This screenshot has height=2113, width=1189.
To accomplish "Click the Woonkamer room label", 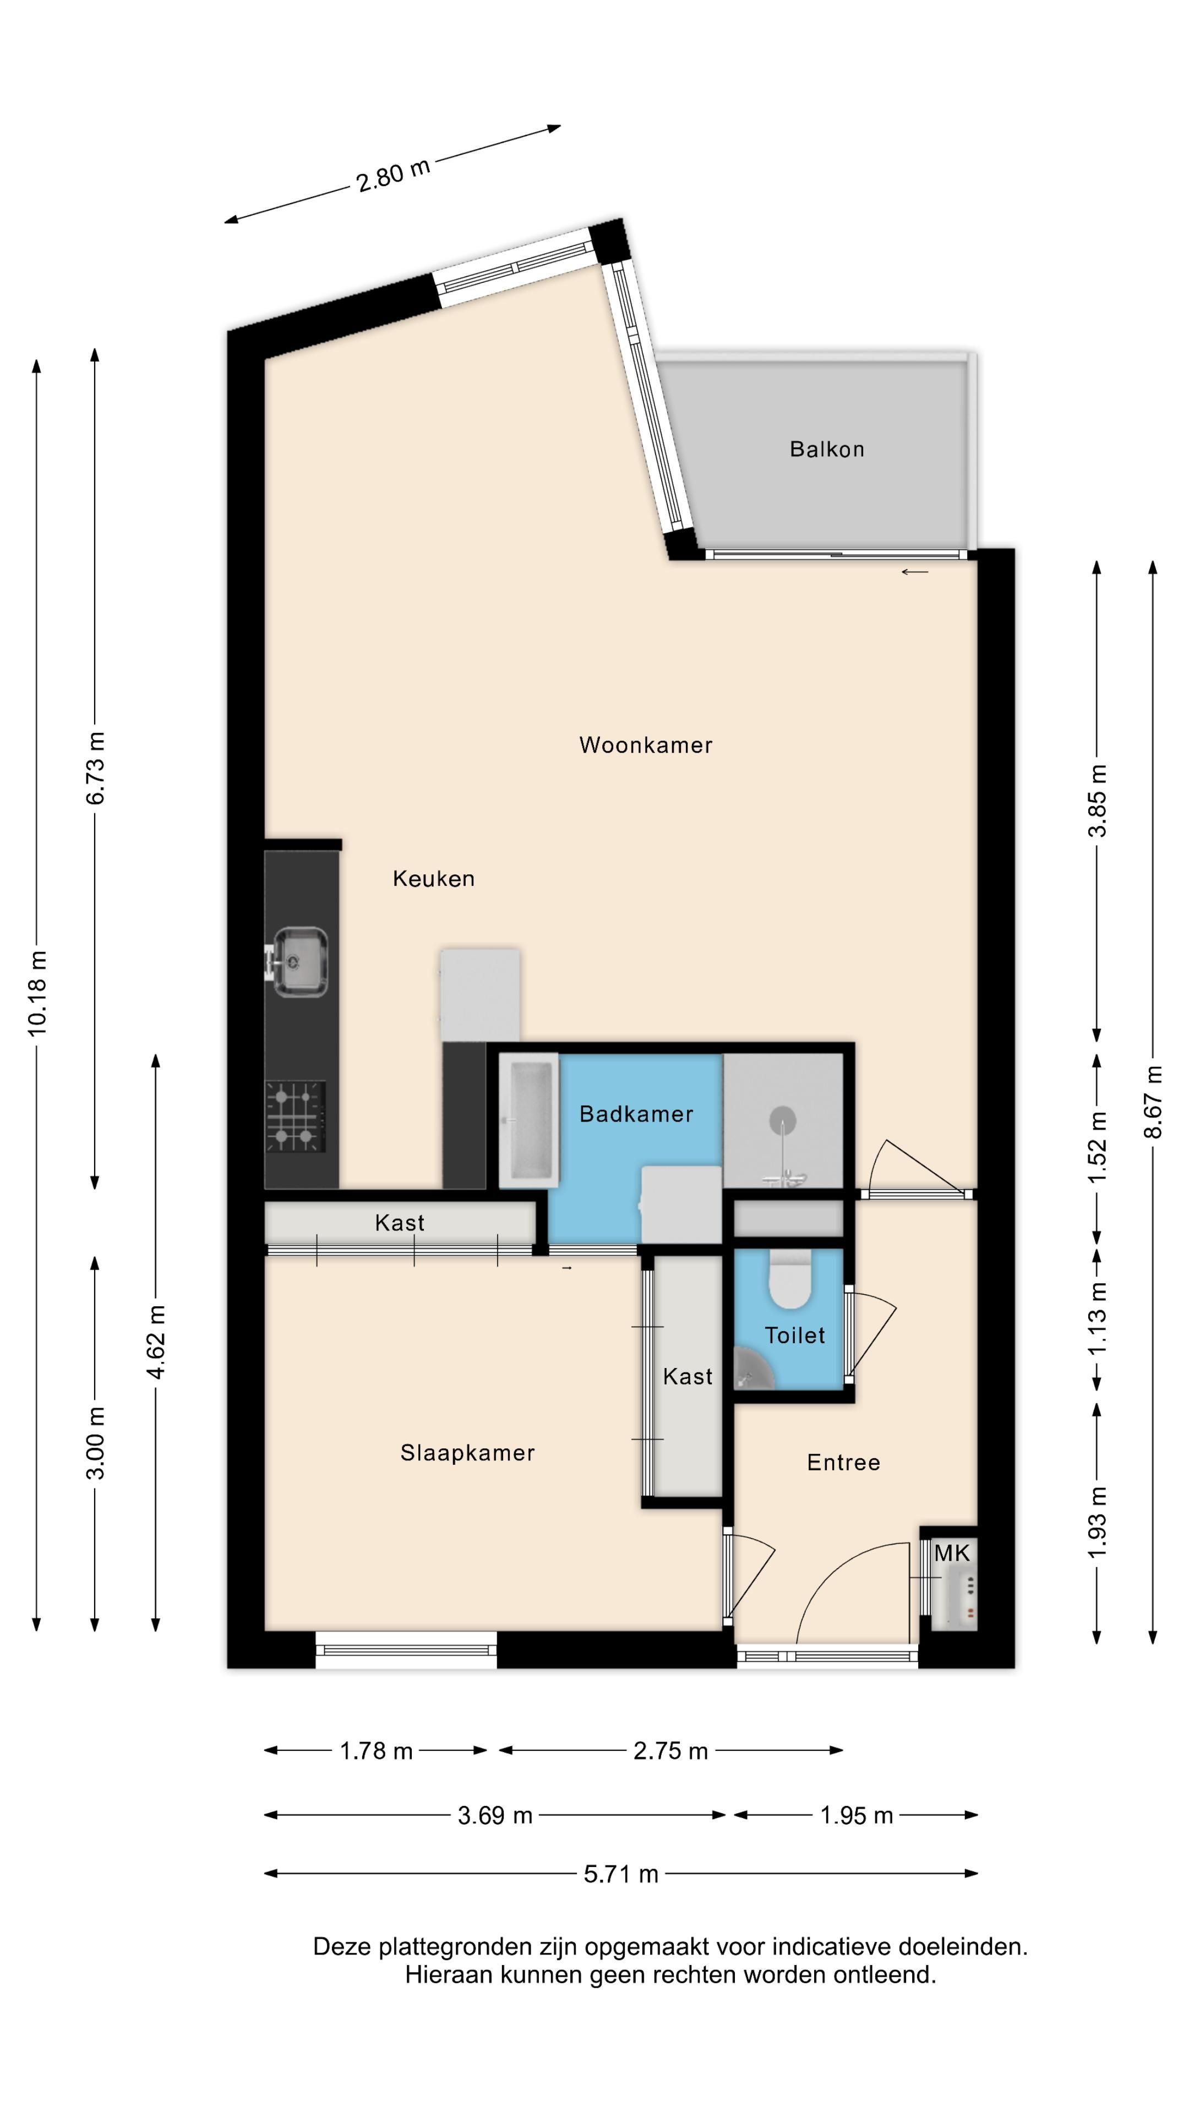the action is [646, 745].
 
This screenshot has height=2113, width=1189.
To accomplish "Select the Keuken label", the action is [433, 879].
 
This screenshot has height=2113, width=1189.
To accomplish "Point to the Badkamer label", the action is [636, 1113].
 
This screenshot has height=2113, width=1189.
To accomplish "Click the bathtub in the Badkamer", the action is [529, 1120].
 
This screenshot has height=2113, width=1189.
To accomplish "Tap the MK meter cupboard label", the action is [952, 1553].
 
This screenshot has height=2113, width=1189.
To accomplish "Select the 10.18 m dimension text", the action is [37, 993].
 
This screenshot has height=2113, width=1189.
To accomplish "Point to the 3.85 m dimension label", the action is [1097, 801].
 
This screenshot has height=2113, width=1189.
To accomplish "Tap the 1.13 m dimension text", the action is [1097, 1318].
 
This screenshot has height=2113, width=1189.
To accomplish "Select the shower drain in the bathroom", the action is [783, 1120].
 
